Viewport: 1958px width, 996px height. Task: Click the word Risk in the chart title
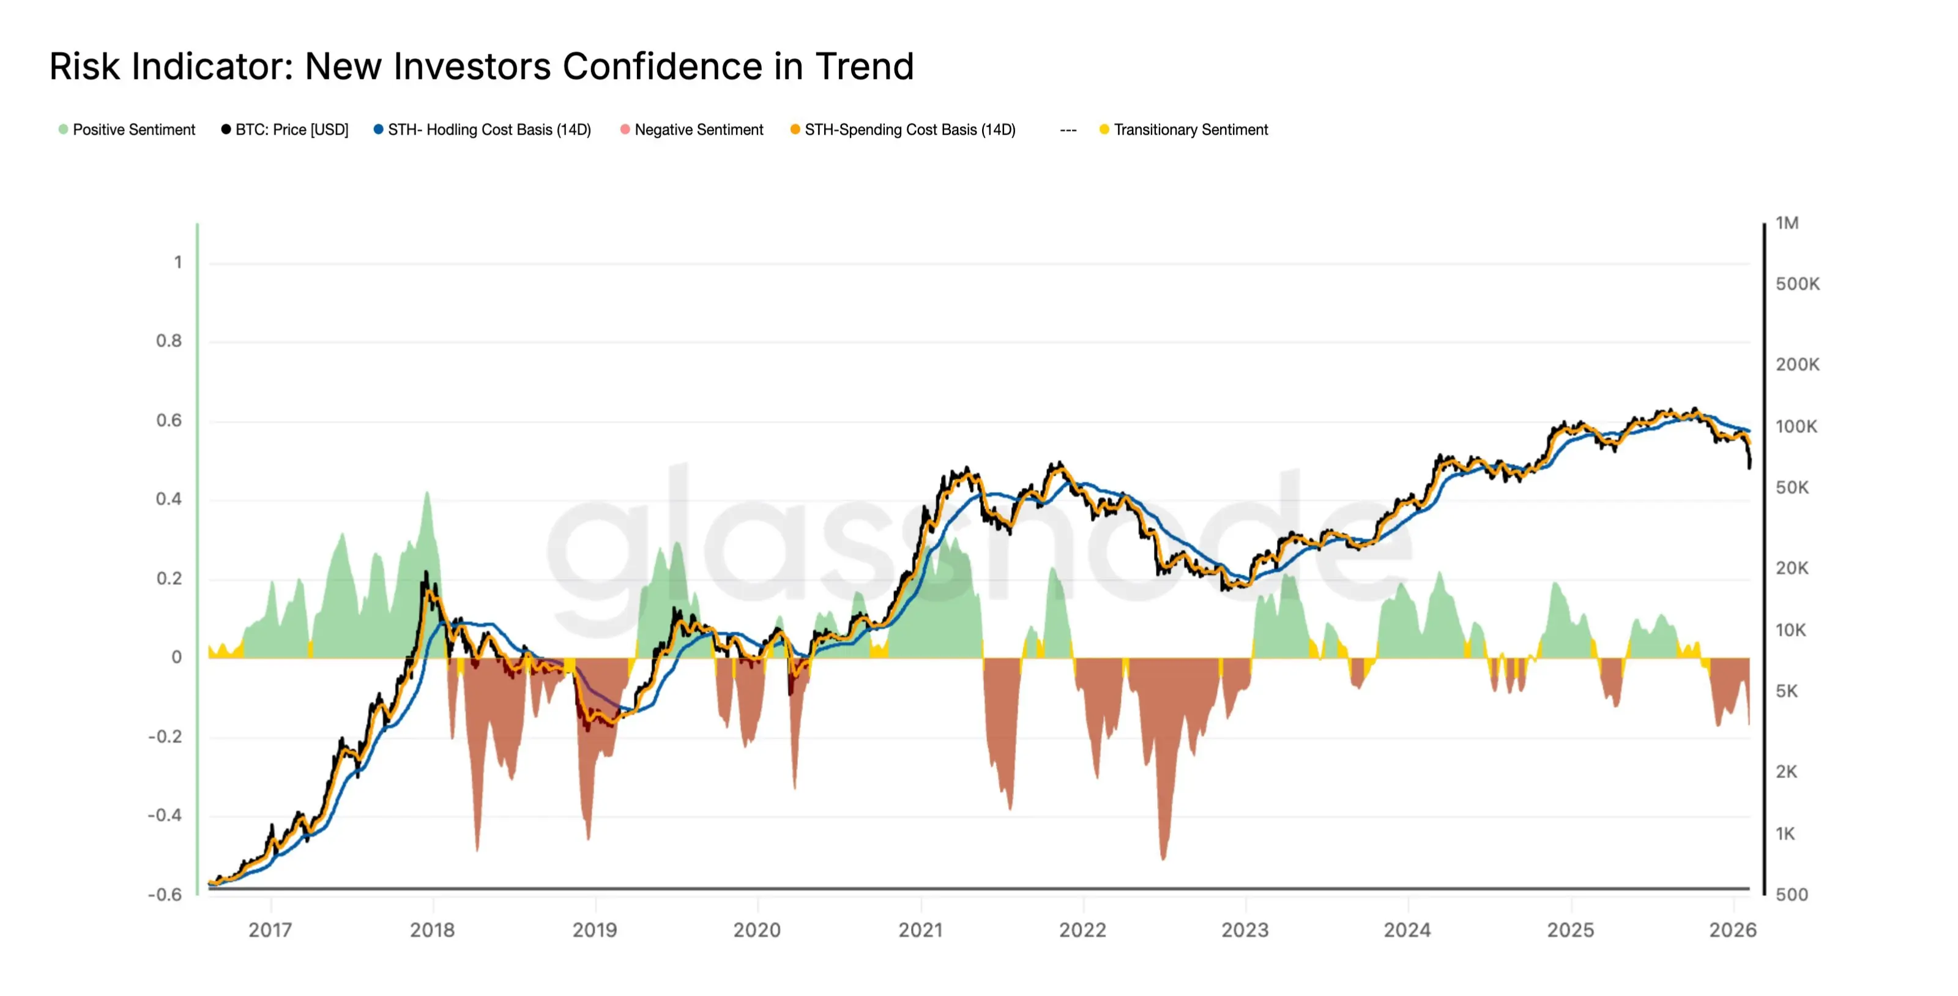84,67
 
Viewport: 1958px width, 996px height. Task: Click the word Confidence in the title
662,67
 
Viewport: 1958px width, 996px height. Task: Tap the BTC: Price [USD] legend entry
285,130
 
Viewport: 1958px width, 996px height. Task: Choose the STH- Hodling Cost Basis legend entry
483,130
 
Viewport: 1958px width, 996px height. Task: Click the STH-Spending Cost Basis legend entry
903,130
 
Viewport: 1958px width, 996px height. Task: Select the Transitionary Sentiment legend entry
1184,130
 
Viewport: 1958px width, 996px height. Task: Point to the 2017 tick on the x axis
270,930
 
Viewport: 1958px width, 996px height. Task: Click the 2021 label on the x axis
920,930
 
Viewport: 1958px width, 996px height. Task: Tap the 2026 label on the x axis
1732,930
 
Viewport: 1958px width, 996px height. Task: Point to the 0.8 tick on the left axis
169,341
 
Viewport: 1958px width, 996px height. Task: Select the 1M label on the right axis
1786,223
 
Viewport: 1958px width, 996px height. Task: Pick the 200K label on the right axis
1797,365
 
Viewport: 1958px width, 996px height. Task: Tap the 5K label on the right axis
1786,691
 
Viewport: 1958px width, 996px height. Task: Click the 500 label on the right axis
1791,895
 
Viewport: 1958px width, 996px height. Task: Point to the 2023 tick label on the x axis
1245,930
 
